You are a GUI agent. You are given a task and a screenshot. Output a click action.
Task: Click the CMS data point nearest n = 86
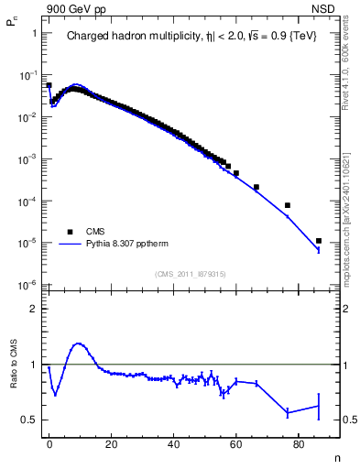(318, 241)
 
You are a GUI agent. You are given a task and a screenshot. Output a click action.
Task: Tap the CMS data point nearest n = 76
(288, 205)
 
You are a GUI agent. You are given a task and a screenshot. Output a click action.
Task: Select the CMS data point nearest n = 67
(256, 187)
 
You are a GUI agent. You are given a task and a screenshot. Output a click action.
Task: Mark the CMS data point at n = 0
(49, 85)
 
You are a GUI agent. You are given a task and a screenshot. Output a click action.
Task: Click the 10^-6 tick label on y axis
(27, 285)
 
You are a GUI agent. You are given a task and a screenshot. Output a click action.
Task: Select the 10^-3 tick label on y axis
(27, 158)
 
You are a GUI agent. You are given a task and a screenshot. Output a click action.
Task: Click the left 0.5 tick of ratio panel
(29, 420)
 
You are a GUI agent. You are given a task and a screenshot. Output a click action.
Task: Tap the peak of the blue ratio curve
(79, 344)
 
